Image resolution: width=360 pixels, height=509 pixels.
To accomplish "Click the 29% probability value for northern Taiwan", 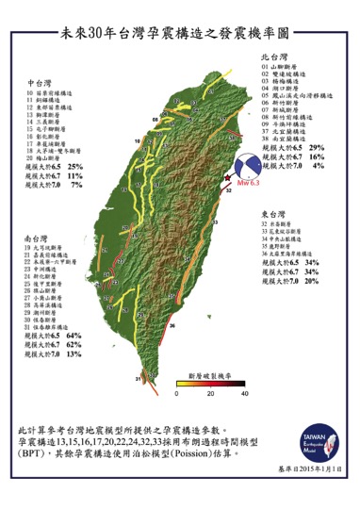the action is click(317, 147).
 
